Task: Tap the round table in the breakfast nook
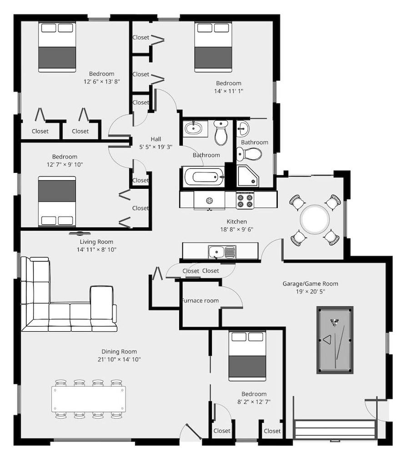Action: tap(315, 219)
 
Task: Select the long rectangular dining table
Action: tap(88, 399)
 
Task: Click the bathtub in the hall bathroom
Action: tap(204, 177)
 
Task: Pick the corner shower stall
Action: tap(248, 176)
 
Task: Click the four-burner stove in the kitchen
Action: tap(245, 200)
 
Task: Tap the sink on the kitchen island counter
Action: tap(221, 251)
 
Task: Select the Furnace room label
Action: tap(200, 300)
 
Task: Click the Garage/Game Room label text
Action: tap(310, 283)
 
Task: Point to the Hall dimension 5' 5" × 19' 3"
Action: tap(156, 147)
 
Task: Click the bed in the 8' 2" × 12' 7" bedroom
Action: tap(247, 356)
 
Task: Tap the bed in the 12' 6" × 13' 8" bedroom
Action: tap(57, 47)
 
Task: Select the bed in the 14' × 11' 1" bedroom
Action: tap(213, 47)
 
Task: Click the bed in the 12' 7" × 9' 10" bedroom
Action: tap(57, 201)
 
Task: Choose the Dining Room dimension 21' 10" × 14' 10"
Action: tap(119, 359)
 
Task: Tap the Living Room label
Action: tap(96, 242)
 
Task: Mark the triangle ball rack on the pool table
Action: tap(327, 339)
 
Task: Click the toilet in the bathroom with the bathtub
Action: tap(221, 132)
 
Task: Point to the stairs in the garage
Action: tap(335, 430)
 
